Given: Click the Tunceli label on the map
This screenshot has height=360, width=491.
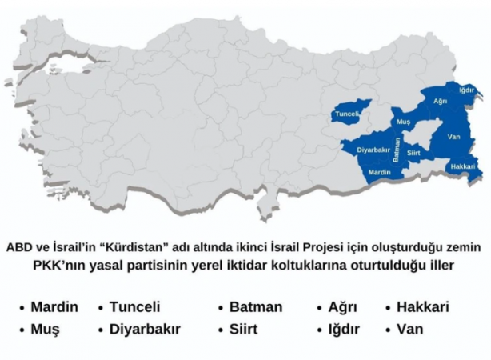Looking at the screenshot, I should tap(348, 114).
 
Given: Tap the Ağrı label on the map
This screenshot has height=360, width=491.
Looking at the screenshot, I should tap(440, 102).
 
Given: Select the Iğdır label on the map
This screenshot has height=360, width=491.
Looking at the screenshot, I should tap(467, 90).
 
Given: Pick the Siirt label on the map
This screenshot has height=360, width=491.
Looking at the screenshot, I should tap(413, 150).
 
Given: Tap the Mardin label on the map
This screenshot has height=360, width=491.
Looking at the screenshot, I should tap(380, 172).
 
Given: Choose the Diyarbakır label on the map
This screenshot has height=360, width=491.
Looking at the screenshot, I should tap(372, 150).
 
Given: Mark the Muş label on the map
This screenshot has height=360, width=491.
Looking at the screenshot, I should tap(404, 122).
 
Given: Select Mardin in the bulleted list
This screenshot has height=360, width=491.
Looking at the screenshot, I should tap(54, 307).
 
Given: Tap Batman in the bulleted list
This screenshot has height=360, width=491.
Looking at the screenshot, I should tap(256, 307).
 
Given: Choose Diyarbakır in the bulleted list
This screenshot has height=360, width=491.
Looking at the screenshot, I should tap(145, 329).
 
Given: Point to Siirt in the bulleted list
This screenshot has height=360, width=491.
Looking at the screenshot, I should tap(247, 329).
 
